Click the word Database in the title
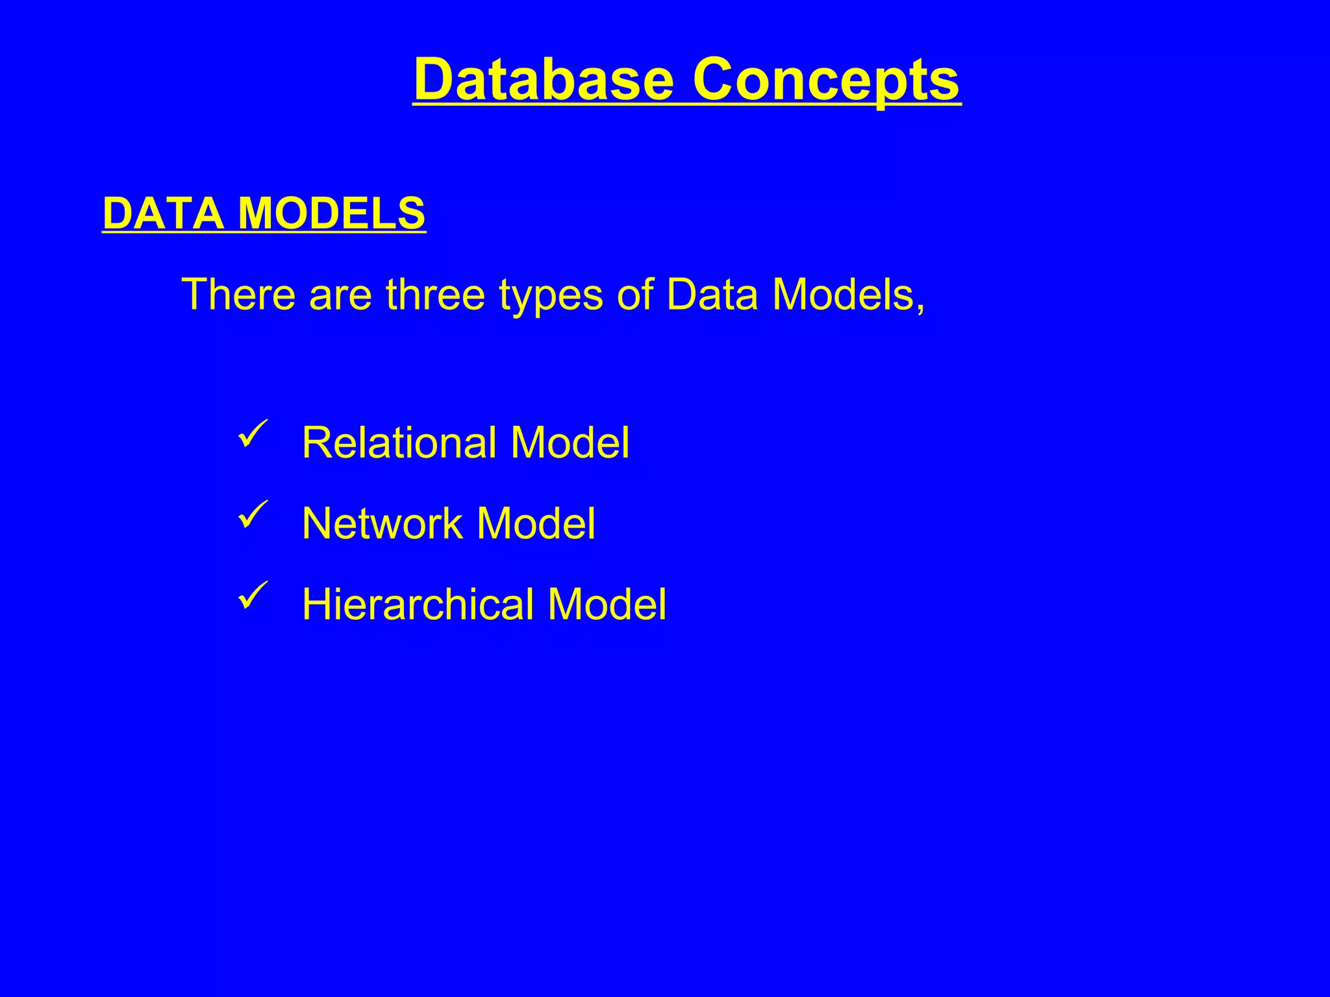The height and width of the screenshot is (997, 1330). tap(544, 79)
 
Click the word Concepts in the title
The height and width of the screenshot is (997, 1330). tap(826, 79)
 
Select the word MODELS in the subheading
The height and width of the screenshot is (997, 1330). tap(331, 213)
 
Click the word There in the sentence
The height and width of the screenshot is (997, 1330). tap(239, 294)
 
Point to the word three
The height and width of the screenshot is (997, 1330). tap(435, 294)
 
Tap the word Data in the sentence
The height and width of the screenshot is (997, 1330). tap(712, 294)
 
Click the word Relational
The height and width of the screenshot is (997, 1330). tap(399, 443)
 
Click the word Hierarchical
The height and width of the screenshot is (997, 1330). tap(418, 604)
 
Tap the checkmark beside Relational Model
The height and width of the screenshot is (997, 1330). tap(253, 434)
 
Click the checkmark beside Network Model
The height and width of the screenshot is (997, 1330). tap(253, 514)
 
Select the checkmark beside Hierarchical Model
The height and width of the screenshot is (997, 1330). tap(253, 595)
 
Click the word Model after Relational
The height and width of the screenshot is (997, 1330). tap(570, 443)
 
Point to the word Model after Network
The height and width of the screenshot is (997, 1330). tap(535, 523)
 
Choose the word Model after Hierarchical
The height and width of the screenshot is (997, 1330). tap(607, 604)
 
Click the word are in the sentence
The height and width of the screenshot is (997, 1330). tap(340, 294)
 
